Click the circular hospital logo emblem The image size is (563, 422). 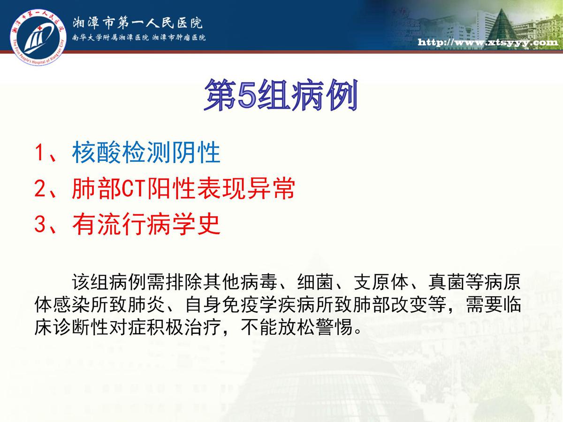(38, 37)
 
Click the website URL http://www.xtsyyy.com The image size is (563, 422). (488, 42)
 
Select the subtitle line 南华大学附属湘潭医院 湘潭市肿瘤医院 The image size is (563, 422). (139, 38)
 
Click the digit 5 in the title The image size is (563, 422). (247, 96)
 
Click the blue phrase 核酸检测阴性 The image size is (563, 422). (146, 153)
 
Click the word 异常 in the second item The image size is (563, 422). (271, 188)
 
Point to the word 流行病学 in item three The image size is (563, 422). (146, 224)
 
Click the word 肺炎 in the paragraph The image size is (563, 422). (146, 305)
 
